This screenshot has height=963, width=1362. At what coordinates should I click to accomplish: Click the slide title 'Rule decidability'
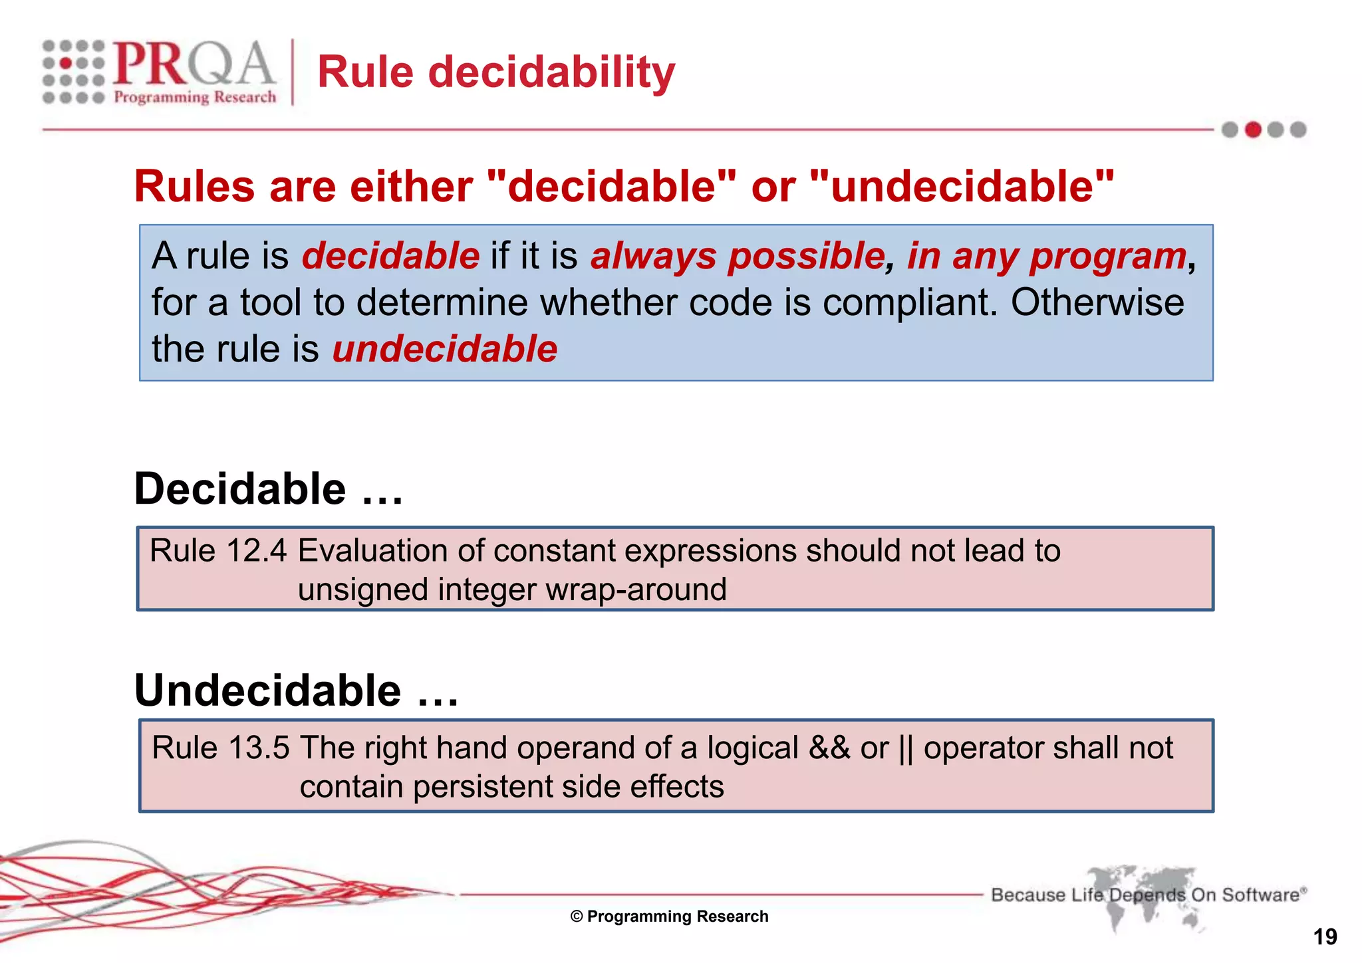pos(495,72)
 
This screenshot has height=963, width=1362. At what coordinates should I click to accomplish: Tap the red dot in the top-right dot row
pos(1253,130)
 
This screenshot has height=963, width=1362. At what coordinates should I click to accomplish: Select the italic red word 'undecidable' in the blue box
pos(444,349)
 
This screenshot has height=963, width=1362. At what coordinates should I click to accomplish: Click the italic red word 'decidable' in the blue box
pos(390,256)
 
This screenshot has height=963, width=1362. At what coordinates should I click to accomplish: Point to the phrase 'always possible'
pos(738,256)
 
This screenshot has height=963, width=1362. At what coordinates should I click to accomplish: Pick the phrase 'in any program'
pos(1047,256)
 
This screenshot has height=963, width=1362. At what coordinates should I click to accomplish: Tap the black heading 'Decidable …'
pos(268,489)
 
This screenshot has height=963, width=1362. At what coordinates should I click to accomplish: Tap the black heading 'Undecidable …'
pos(296,691)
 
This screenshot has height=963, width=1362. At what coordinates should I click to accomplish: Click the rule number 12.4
pos(256,551)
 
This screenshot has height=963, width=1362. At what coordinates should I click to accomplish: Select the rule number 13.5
pos(259,748)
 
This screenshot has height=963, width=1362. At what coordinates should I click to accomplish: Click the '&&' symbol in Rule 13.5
pos(829,748)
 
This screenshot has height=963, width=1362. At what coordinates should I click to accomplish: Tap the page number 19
pos(1325,937)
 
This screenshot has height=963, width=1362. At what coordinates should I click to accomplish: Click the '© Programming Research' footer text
pos(669,916)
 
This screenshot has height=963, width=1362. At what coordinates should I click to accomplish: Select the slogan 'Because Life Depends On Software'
pos(1148,895)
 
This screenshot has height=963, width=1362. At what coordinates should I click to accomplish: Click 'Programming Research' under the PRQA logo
pos(195,98)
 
